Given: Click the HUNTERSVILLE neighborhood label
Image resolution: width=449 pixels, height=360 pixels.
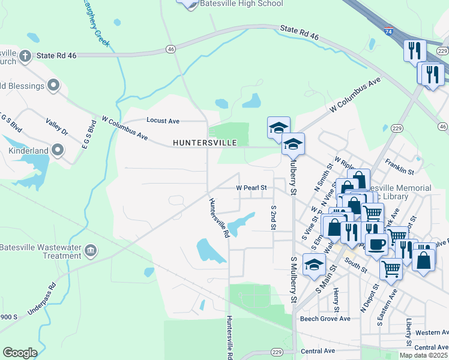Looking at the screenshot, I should tap(204, 142).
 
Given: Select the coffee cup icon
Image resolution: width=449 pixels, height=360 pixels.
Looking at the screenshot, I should tap(376, 245).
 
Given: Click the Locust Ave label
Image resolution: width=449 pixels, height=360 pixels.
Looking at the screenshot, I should tap(163, 121).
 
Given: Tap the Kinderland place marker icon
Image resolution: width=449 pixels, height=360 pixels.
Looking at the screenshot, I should tap(58, 148).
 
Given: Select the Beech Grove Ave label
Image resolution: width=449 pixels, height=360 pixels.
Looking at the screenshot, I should tap(325, 319).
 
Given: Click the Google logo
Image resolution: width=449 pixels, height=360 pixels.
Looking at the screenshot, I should tap(20, 353).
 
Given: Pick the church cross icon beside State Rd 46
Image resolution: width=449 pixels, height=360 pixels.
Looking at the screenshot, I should tap(25, 56).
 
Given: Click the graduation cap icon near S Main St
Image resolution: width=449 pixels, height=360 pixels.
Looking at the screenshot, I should tap(315, 263).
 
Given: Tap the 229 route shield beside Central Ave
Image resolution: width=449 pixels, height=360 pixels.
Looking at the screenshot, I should tap(277, 352).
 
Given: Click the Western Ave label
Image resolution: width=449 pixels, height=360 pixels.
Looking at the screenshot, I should tap(432, 332).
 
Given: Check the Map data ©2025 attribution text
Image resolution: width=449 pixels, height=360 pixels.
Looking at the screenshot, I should tap(424, 355).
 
